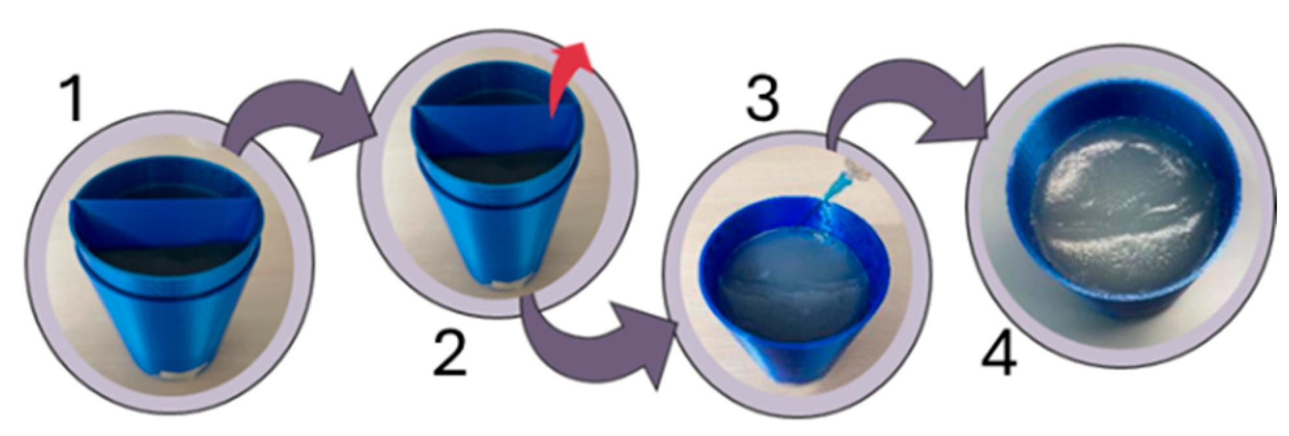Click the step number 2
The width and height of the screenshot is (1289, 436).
coord(450,354)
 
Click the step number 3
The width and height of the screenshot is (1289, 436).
coord(762,98)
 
